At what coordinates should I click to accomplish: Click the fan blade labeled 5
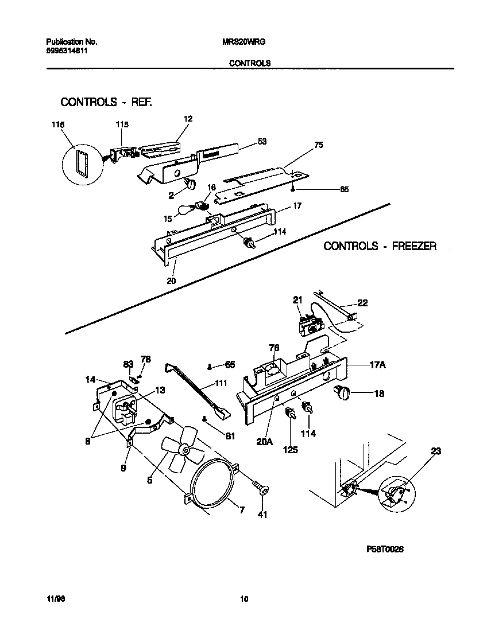pos(179,449)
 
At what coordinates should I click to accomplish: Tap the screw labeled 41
pos(262,488)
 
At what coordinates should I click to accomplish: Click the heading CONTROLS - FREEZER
pos(380,246)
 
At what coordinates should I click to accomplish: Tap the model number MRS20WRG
pos(243,42)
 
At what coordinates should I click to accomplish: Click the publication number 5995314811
pos(67,50)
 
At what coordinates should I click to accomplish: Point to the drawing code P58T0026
pos(385,549)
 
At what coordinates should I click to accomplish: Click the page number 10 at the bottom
pos(243,599)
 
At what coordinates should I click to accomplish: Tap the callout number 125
pos(291,450)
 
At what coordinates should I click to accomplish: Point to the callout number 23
pos(436,451)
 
